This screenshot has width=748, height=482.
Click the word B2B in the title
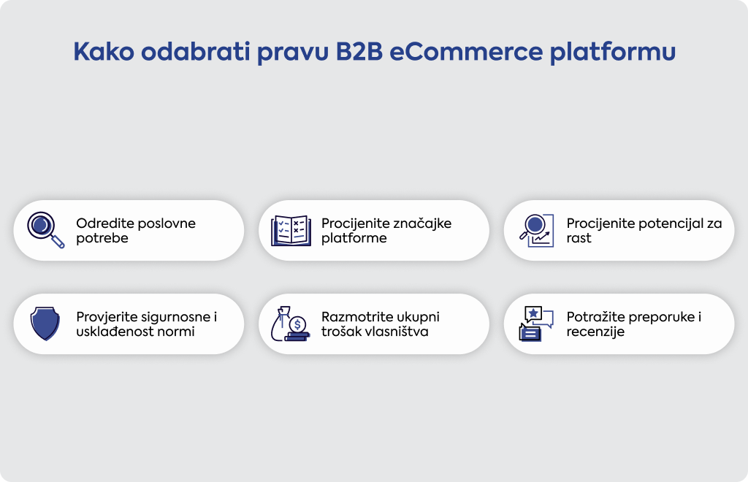tap(359, 52)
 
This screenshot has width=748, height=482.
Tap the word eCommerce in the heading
tap(466, 52)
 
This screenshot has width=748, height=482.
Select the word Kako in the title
tap(104, 52)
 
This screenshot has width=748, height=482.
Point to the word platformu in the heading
tap(613, 53)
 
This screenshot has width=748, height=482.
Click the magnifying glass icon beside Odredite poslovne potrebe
tap(46, 230)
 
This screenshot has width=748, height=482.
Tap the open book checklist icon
tap(291, 231)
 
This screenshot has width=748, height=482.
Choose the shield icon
tap(45, 324)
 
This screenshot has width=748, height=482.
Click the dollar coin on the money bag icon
tap(298, 325)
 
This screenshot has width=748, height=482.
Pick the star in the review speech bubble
tap(533, 314)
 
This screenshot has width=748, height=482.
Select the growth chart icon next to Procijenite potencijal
tap(537, 231)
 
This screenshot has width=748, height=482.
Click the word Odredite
tap(105, 223)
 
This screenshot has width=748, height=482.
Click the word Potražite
tap(597, 317)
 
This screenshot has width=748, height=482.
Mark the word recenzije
tap(595, 332)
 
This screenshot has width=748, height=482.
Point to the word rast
tap(579, 238)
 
